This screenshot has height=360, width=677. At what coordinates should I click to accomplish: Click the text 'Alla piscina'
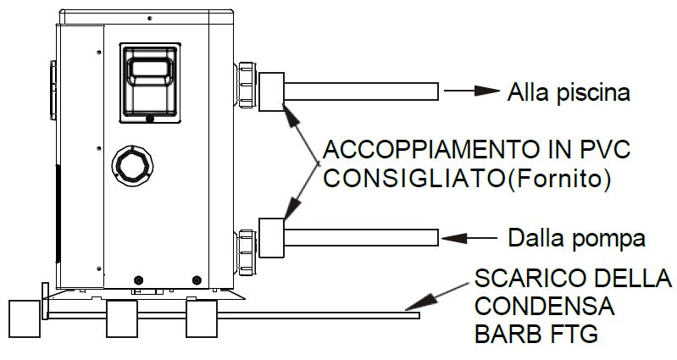tap(568, 92)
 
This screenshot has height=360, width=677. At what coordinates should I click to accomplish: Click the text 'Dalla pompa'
tap(576, 238)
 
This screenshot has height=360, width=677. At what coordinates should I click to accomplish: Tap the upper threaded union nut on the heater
tap(247, 85)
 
